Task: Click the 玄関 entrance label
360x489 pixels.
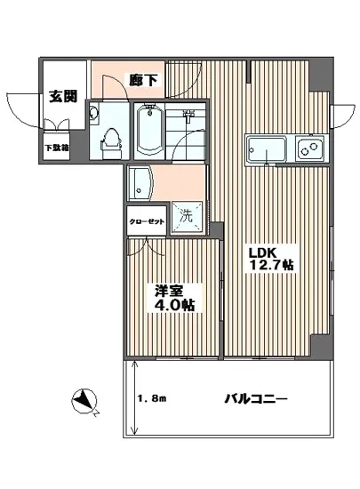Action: coord(62,96)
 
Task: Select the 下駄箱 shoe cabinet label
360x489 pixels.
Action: coord(60,148)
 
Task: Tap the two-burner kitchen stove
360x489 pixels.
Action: coord(311,148)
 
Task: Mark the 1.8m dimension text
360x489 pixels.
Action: coord(155,400)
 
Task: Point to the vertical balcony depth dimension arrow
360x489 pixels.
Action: coord(133,400)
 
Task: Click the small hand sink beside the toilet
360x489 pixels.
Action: coord(94,113)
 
